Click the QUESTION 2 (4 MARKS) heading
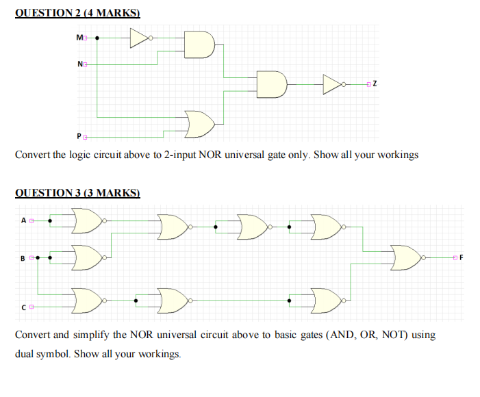coord(77,13)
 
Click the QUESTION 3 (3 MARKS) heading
coord(77,193)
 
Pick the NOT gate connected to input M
coord(140,38)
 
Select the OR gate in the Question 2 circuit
coord(200,124)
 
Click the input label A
coord(23,220)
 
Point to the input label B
coord(23,258)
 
